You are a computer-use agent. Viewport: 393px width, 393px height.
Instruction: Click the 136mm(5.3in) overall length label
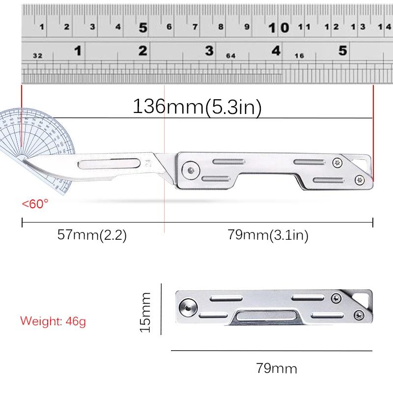point(196,107)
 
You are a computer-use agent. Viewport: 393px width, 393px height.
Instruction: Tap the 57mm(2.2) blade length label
point(92,235)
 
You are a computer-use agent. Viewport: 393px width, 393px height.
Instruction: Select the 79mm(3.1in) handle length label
point(268,235)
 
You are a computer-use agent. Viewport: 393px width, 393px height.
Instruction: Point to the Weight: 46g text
point(53,322)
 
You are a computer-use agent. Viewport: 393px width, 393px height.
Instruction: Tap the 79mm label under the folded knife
point(277,367)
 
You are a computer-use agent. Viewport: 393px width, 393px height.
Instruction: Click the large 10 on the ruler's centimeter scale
point(279,28)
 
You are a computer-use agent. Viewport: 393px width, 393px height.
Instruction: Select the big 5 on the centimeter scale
point(143,28)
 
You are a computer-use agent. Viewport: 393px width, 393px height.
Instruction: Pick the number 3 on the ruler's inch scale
point(209,51)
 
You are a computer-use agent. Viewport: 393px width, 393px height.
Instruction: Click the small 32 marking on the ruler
point(37,56)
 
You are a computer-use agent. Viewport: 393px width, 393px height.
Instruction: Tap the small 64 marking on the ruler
point(231,56)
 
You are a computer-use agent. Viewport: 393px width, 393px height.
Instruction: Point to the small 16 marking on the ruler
point(299,56)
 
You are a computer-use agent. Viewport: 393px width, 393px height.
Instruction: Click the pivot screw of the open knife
point(190,170)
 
